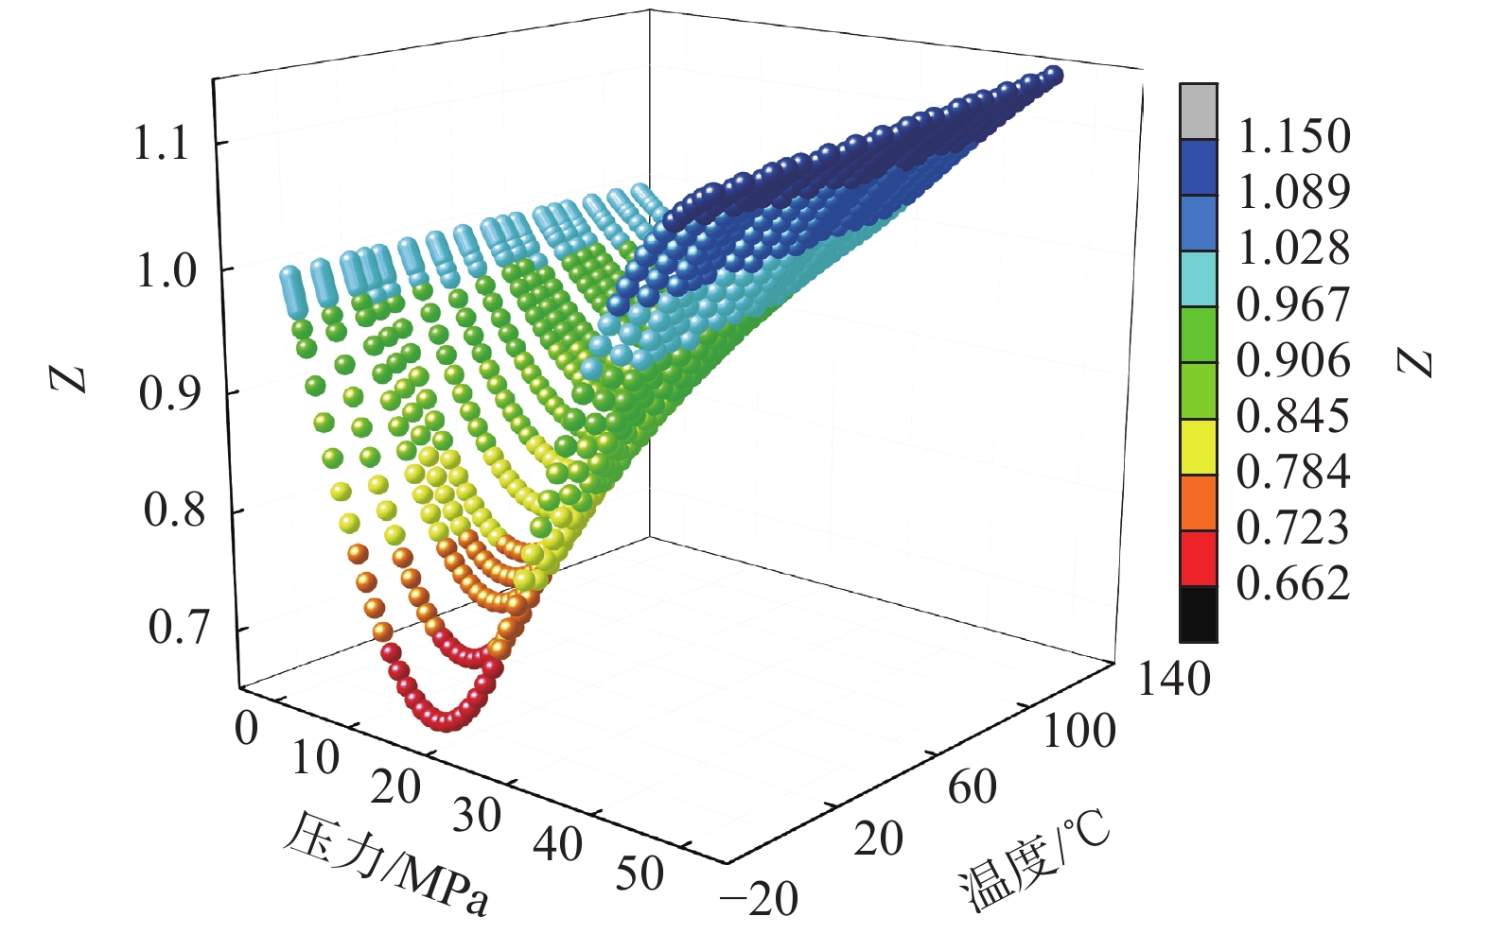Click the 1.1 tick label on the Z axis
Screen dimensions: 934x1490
click(164, 145)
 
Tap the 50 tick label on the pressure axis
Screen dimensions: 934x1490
click(640, 874)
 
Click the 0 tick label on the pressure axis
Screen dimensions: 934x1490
click(246, 729)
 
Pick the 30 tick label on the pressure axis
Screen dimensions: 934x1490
click(476, 816)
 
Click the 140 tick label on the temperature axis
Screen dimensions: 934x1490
click(1173, 680)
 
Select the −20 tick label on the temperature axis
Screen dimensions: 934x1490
click(759, 898)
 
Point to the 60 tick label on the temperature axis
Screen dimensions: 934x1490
click(972, 787)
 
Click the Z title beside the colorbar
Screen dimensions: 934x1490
click(1416, 362)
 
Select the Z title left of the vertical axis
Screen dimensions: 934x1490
click(69, 378)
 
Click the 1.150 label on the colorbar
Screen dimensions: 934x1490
click(1293, 136)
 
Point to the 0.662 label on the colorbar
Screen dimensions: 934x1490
click(1293, 583)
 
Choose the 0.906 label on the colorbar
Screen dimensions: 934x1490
click(1293, 360)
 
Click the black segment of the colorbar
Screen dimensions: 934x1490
click(1199, 614)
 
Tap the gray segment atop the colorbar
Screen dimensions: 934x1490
click(1199, 112)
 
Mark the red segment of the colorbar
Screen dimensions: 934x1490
click(1199, 559)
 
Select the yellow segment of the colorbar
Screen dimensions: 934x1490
click(1199, 447)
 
